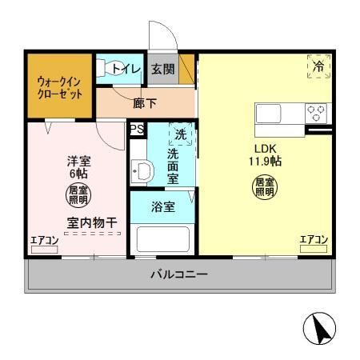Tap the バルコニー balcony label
tap(180, 275)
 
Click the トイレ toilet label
tap(126, 70)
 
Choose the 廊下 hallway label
tap(145, 102)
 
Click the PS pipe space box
tap(136, 128)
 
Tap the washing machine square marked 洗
tap(181, 134)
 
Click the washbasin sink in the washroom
tap(142, 170)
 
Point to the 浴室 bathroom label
tap(162, 206)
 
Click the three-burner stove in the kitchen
tap(316, 113)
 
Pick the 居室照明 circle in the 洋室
tap(78, 194)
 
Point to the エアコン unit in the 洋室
tap(44, 245)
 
